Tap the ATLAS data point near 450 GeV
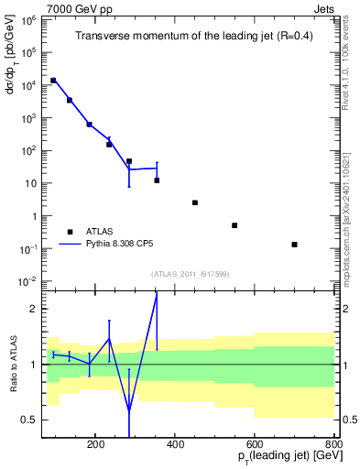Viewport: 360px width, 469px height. [195, 202]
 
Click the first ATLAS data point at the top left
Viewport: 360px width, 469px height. [53, 81]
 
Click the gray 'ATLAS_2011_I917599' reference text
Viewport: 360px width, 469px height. [190, 274]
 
